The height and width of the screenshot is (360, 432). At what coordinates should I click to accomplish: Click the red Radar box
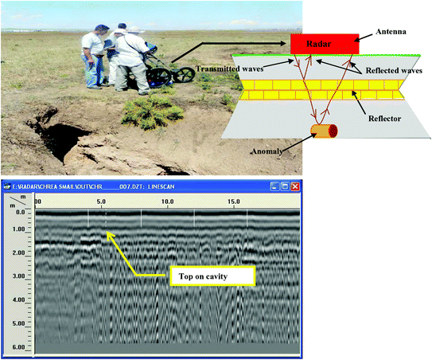click(324, 43)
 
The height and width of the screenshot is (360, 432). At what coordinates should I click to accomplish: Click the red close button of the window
click(295, 186)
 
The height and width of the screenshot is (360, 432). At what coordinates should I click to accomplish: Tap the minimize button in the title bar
click(273, 186)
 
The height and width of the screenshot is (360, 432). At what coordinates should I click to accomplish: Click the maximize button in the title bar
click(284, 186)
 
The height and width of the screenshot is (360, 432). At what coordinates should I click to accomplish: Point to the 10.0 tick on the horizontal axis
click(167, 202)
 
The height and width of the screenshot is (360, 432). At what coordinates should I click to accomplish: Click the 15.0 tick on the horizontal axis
click(233, 202)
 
